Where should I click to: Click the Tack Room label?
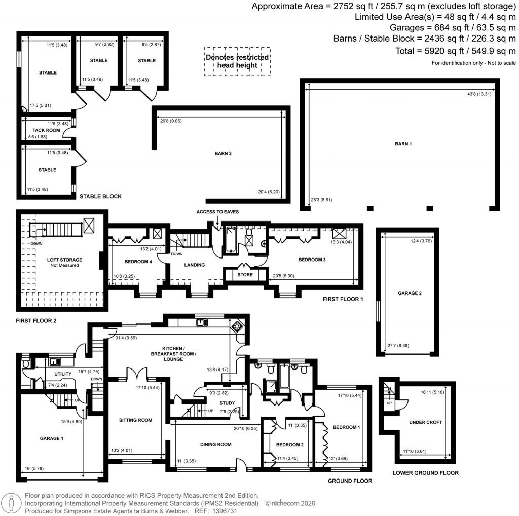coord(47,130)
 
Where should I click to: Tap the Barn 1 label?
coord(403,144)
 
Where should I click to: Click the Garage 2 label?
coord(409,293)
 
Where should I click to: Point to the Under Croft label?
coord(425,422)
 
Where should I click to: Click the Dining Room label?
coord(215,444)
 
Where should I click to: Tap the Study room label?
coord(227,403)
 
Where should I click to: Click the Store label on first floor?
coord(245,275)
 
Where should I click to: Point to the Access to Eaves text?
coord(217,212)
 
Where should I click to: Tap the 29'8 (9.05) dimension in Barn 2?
coord(170,121)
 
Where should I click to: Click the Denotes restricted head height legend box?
coord(237,61)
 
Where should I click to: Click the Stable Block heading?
coord(100,196)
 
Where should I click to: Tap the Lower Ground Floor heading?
coord(425,473)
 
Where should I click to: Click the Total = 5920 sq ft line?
coord(456,51)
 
